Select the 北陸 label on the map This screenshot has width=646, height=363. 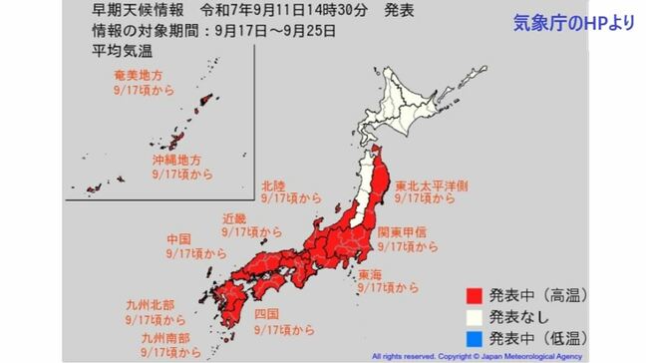click(x=275, y=185)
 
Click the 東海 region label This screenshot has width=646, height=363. click(x=370, y=273)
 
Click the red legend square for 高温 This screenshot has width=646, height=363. click(x=476, y=294)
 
